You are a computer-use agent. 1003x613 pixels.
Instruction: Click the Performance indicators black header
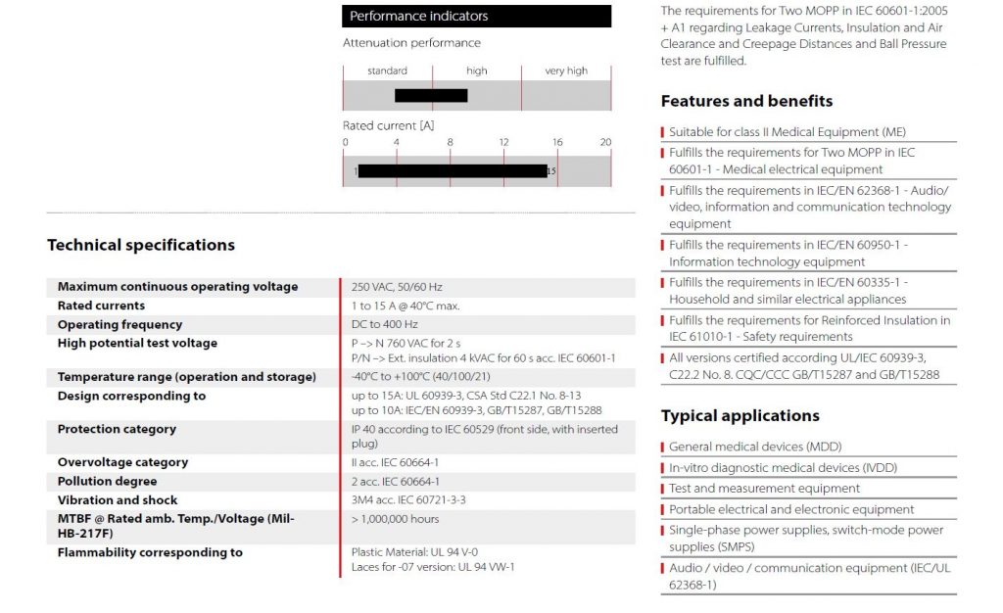[x=476, y=16]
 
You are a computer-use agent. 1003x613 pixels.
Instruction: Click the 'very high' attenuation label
[x=566, y=71]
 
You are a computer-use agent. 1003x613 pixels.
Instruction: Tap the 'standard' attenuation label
[x=387, y=71]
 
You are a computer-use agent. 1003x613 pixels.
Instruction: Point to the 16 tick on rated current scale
[x=556, y=142]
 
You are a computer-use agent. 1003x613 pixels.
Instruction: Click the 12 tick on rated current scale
[x=503, y=142]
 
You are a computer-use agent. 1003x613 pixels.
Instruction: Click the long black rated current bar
[x=453, y=171]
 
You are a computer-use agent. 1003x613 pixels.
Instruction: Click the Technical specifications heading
[x=141, y=245]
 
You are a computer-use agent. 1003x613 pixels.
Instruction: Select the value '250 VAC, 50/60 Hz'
[x=397, y=287]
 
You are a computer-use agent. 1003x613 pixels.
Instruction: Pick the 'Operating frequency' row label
[x=119, y=324]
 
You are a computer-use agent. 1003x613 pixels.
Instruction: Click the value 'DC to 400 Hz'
[x=385, y=324]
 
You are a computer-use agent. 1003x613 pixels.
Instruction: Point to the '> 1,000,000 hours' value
[x=395, y=519]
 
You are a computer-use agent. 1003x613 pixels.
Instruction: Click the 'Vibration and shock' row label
[x=118, y=500]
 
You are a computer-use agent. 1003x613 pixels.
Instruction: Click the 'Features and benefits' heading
[x=746, y=101]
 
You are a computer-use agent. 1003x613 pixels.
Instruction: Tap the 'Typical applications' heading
[x=740, y=415]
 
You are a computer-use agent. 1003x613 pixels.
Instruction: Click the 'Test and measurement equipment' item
[x=764, y=488]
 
